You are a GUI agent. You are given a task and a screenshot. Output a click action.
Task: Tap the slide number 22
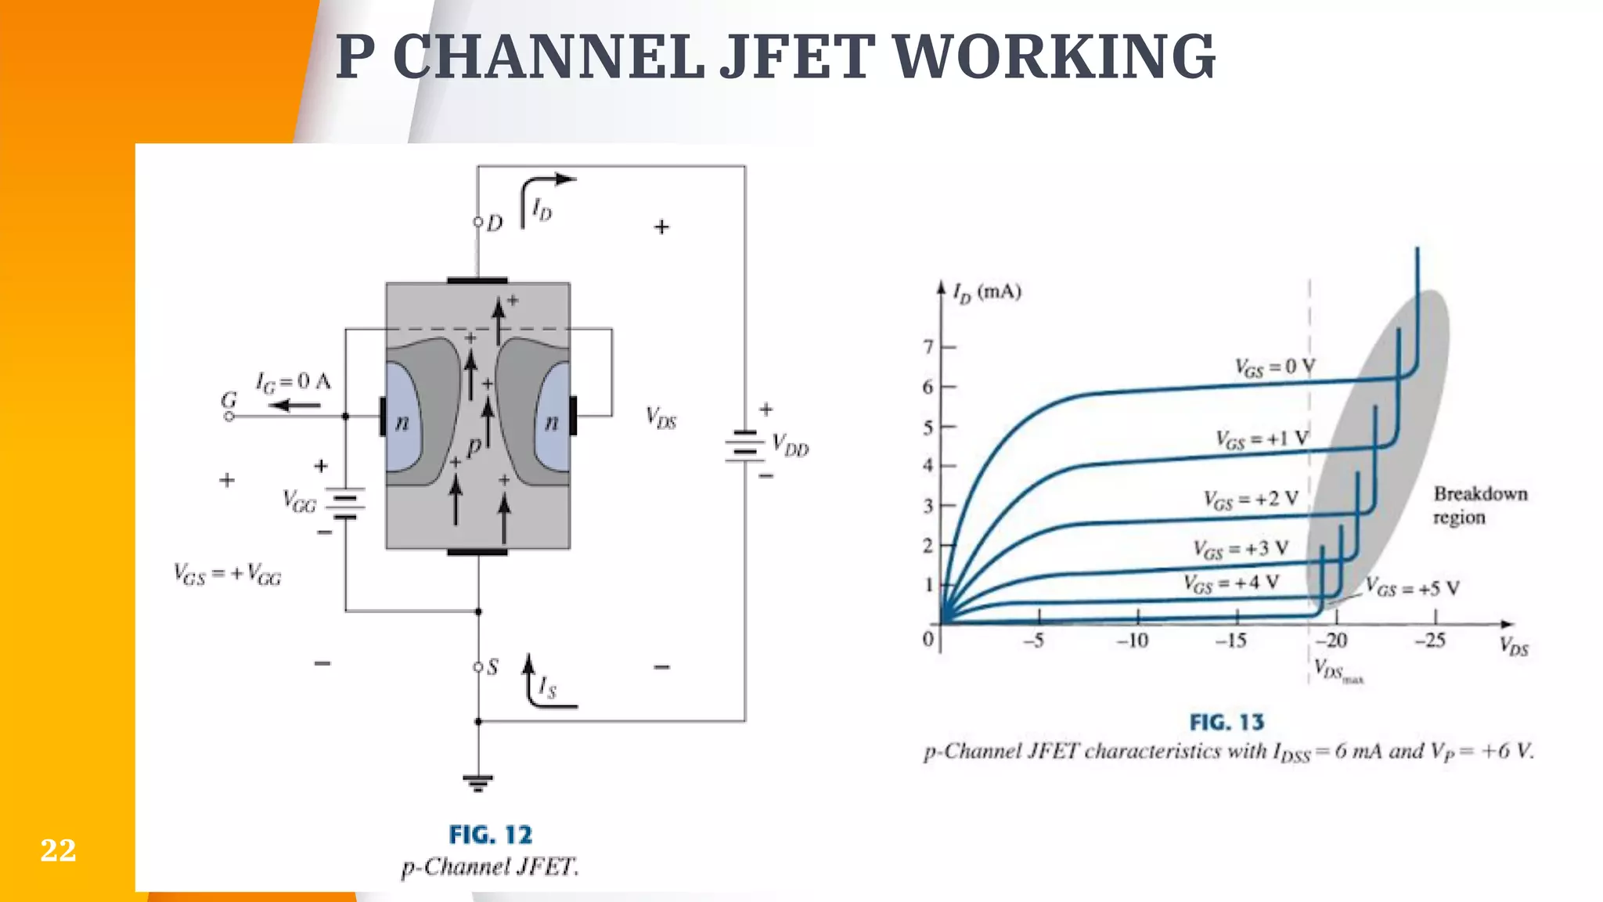tap(58, 850)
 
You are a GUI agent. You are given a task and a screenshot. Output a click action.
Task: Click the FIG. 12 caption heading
tap(490, 835)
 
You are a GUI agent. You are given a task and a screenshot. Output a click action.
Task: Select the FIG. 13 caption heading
tap(1227, 723)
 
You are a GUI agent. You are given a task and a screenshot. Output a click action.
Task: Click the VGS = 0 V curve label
tap(1274, 367)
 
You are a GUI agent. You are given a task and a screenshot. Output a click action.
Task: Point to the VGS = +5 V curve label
tap(1412, 588)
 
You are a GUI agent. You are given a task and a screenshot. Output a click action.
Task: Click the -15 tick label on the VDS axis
tap(1230, 640)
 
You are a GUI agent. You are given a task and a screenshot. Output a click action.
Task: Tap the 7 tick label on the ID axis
tap(928, 346)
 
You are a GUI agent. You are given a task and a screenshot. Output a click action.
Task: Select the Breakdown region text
tap(1479, 505)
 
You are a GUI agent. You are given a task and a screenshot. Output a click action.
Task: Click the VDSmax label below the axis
tap(1337, 671)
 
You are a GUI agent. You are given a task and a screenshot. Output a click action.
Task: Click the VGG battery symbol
tap(345, 504)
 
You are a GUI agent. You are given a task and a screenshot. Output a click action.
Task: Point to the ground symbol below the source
tap(477, 781)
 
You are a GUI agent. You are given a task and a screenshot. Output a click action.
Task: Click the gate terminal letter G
tap(229, 400)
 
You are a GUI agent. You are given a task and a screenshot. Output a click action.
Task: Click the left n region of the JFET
tap(402, 423)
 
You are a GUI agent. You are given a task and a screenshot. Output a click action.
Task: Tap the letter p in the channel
tap(474, 447)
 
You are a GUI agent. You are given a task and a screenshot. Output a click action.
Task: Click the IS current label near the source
tap(547, 687)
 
